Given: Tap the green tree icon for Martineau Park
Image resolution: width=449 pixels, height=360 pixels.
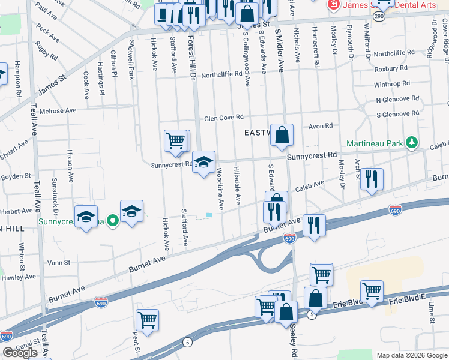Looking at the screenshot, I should coord(412,143).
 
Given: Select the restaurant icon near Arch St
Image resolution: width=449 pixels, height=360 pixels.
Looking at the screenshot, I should coord(372,179).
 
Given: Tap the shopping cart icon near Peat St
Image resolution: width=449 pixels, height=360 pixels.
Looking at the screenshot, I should coord(147,319).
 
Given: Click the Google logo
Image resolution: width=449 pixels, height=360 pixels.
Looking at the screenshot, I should coord(20,353).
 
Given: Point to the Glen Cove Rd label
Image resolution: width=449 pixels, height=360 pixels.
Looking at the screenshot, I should coord(223,118).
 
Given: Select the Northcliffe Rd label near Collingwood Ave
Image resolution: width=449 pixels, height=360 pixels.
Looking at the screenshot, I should coord(221,75).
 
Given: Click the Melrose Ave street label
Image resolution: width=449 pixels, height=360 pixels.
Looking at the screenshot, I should coord(58,111).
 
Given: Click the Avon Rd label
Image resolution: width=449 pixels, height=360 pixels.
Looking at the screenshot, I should coord(321,126).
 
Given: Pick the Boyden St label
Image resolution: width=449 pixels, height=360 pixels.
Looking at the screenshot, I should coord(16,176).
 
